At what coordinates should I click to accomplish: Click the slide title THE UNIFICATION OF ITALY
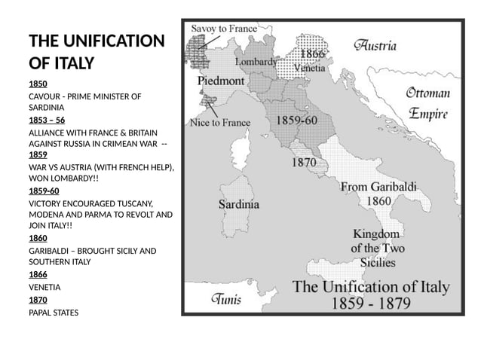tap(96, 51)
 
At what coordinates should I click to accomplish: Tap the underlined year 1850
tap(38, 84)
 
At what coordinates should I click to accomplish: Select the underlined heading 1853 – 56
tap(47, 120)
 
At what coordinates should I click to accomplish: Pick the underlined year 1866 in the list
tap(38, 274)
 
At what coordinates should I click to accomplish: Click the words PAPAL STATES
tap(54, 312)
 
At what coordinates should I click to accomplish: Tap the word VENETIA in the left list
tap(44, 287)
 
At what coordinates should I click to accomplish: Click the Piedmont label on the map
tap(221, 80)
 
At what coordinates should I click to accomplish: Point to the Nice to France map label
tap(220, 122)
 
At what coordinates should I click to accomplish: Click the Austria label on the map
tap(375, 45)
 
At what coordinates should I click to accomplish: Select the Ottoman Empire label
tap(427, 104)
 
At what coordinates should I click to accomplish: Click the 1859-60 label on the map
tap(296, 120)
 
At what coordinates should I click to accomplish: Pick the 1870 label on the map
tap(304, 161)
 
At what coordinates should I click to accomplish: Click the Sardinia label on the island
tap(239, 204)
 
